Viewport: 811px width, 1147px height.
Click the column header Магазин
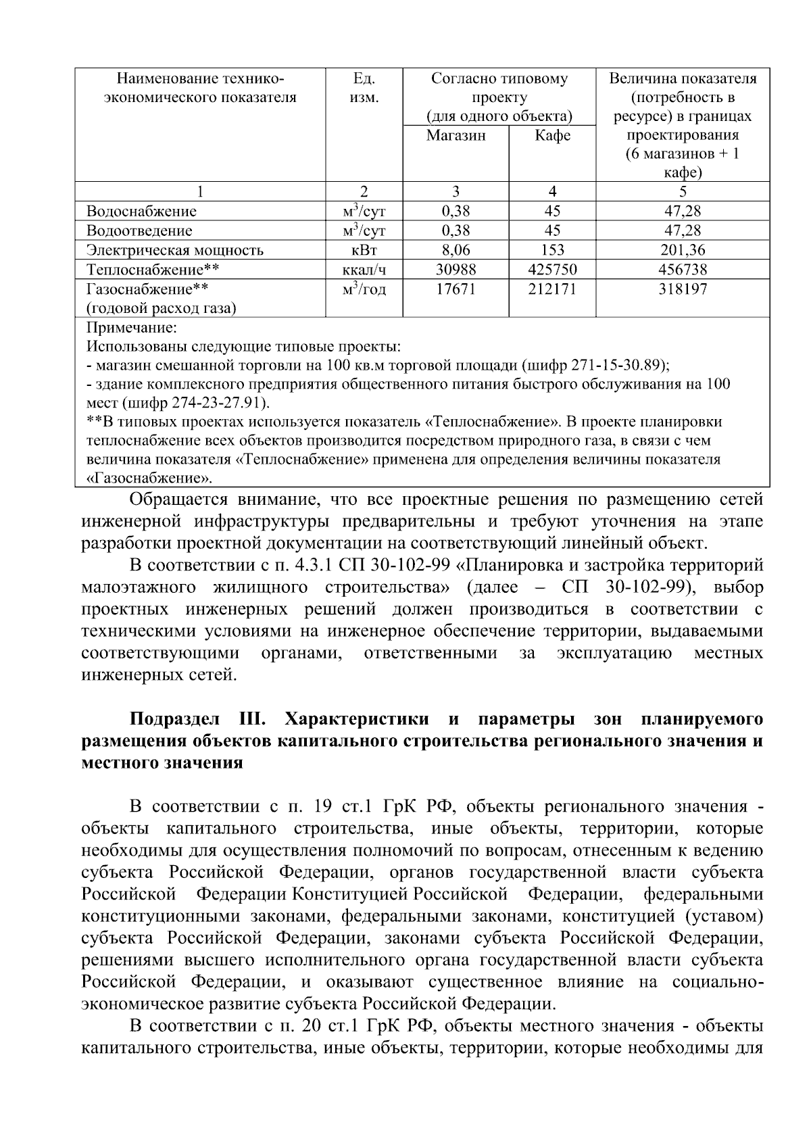point(456,135)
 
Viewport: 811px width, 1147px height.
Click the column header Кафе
point(552,135)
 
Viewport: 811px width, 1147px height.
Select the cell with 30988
point(456,270)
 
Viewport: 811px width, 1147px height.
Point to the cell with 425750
point(552,270)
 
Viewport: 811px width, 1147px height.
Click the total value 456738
point(683,270)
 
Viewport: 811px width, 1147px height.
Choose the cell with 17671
point(456,289)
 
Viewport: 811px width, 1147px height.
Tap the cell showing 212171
point(552,289)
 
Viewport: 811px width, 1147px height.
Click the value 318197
point(683,289)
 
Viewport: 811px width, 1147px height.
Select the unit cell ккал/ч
point(364,270)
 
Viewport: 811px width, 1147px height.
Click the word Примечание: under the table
point(131,328)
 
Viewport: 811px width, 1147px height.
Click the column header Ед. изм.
point(364,88)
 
